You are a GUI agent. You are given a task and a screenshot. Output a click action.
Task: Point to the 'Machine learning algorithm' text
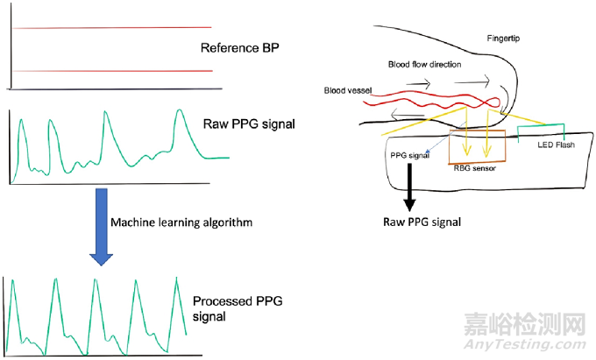tap(182, 223)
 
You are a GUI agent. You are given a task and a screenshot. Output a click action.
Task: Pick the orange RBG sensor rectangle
tap(478, 146)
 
